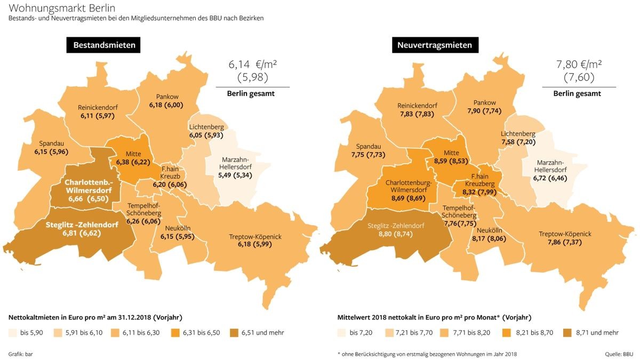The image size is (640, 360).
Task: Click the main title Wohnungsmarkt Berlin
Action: coord(62,8)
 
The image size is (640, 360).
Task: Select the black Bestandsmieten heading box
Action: coord(104,45)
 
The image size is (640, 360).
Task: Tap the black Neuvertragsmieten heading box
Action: coord(434,45)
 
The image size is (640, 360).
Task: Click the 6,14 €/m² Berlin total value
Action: coord(252,65)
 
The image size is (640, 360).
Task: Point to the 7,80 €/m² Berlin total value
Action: coord(579,65)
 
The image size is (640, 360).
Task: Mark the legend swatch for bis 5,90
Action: coord(12,333)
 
